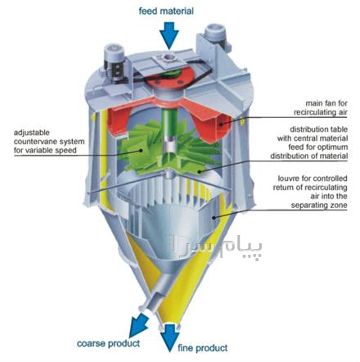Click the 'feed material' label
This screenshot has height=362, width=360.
pos(166,11)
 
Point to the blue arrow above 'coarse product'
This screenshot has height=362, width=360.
pos(138,325)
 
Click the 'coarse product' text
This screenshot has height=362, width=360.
pos(108,343)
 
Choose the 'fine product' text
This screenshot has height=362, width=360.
pos(203,348)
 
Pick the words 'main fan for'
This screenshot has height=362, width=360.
pos(326,103)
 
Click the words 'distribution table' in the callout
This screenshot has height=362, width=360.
pos(318,129)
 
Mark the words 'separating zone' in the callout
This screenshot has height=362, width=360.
pos(319,206)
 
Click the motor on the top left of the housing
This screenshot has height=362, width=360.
pos(113,63)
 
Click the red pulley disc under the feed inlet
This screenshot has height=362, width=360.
pos(169,77)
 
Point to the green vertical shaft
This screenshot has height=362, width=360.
pos(169,123)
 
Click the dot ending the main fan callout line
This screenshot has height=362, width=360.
pos(221,124)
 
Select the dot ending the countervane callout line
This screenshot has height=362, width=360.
pos(141,150)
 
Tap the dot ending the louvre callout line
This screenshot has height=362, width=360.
pos(214,217)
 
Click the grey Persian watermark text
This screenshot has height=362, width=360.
pos(217,247)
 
